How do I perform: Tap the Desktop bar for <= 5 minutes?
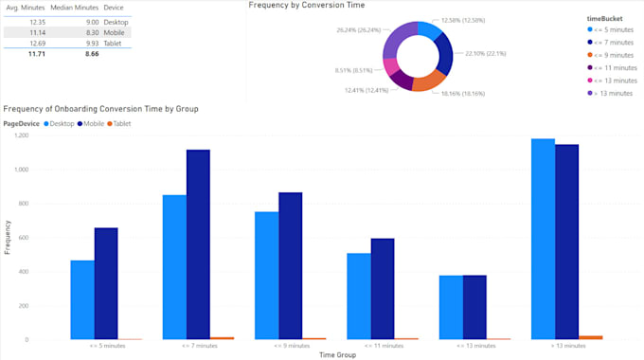82,299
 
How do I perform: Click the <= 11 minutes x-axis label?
381,347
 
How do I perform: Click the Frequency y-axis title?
7,237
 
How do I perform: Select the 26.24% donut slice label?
358,29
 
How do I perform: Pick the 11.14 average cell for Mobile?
37,32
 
